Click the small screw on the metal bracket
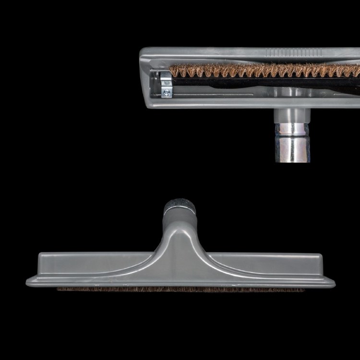(167, 92)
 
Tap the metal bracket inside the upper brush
(166, 79)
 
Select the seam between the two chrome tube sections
(293, 139)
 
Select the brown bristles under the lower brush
(180, 289)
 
